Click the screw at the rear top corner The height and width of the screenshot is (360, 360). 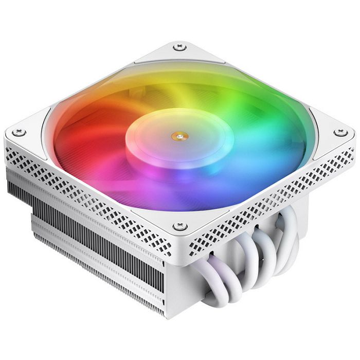tap(179, 47)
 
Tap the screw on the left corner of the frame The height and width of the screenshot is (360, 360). tap(20, 133)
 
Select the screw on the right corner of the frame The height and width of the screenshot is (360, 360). tap(337, 133)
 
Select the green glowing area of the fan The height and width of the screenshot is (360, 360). tap(242, 103)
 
